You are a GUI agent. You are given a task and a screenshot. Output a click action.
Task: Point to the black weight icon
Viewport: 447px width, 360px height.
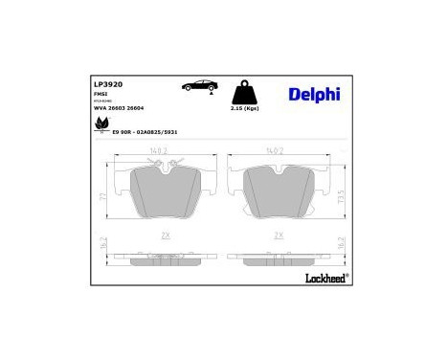click(x=245, y=92)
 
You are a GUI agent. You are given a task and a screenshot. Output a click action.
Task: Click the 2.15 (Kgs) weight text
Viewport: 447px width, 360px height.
click(x=246, y=110)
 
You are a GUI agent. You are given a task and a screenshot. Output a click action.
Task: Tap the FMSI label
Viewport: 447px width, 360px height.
click(x=99, y=95)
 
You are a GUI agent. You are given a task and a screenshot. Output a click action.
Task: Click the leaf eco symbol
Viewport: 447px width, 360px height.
click(x=101, y=124)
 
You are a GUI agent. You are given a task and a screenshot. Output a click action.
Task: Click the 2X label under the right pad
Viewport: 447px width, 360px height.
click(x=279, y=235)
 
